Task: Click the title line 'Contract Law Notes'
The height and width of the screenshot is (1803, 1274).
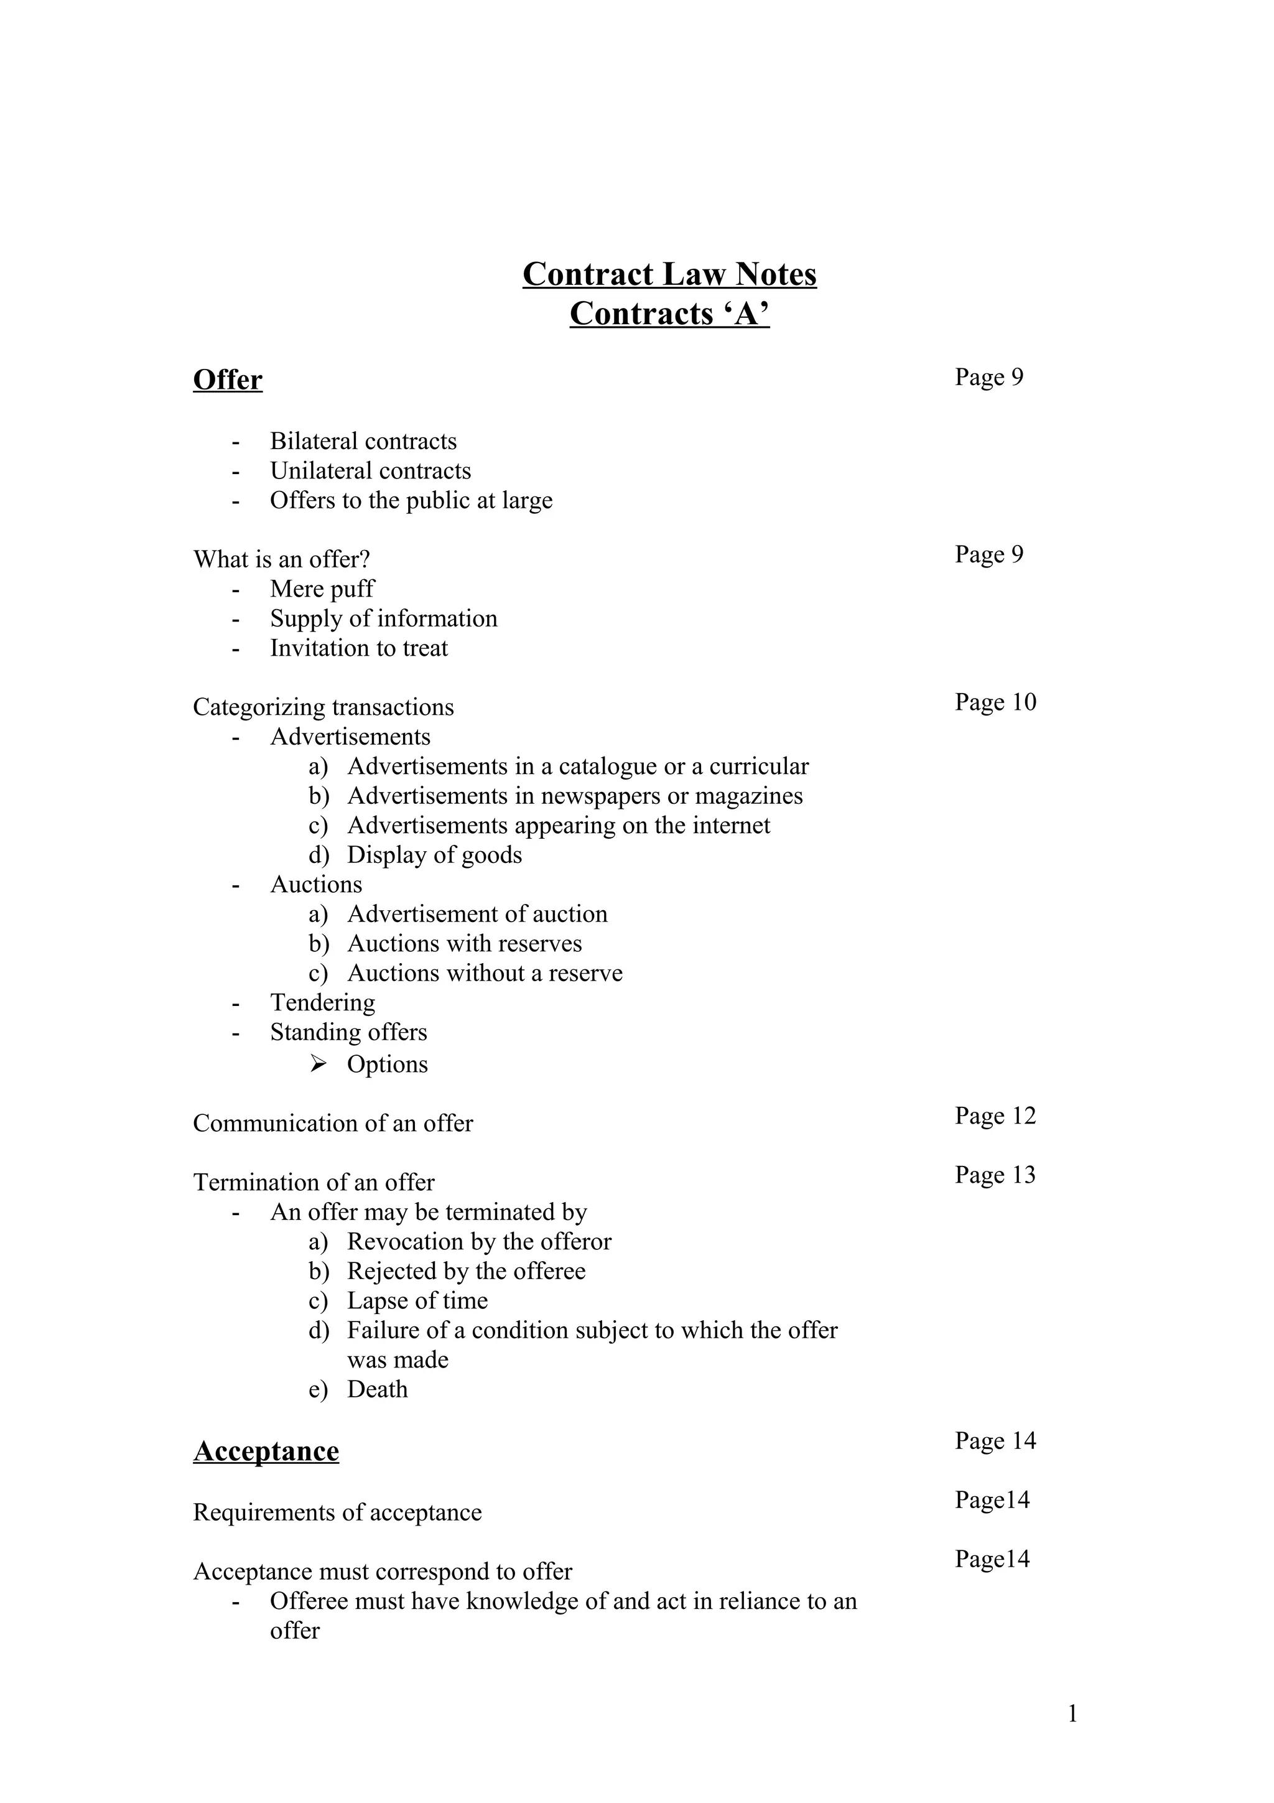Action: (669, 275)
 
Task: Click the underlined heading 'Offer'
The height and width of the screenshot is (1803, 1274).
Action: (228, 380)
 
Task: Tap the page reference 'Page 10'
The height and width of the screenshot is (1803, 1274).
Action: (995, 702)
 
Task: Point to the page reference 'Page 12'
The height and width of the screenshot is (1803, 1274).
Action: (995, 1116)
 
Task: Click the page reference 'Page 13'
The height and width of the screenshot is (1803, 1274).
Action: (995, 1175)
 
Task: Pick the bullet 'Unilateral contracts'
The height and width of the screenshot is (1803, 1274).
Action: (371, 471)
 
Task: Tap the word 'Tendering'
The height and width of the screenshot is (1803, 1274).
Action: (323, 1003)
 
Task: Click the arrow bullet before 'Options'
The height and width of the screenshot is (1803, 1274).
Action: (318, 1064)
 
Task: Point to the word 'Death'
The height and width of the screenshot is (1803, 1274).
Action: (377, 1389)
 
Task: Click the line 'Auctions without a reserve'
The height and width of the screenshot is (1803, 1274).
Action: (485, 974)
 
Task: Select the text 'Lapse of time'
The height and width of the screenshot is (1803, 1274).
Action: (417, 1301)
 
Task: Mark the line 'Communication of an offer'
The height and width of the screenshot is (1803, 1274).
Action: (333, 1124)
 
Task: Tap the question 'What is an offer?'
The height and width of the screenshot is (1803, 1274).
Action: (281, 560)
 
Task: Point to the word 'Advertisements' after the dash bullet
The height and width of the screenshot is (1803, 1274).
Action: (350, 737)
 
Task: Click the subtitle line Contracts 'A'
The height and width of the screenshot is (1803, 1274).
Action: (669, 314)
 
